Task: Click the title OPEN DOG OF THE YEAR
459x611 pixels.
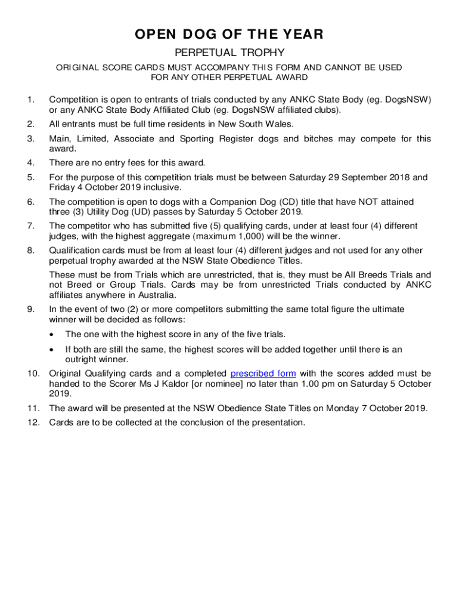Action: (x=229, y=35)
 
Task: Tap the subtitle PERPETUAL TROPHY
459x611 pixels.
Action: (x=229, y=53)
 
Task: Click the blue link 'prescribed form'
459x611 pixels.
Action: (x=263, y=374)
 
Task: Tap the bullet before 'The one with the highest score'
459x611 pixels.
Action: (x=54, y=334)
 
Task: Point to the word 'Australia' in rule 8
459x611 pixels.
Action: (x=156, y=295)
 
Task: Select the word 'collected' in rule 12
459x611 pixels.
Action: (x=130, y=422)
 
